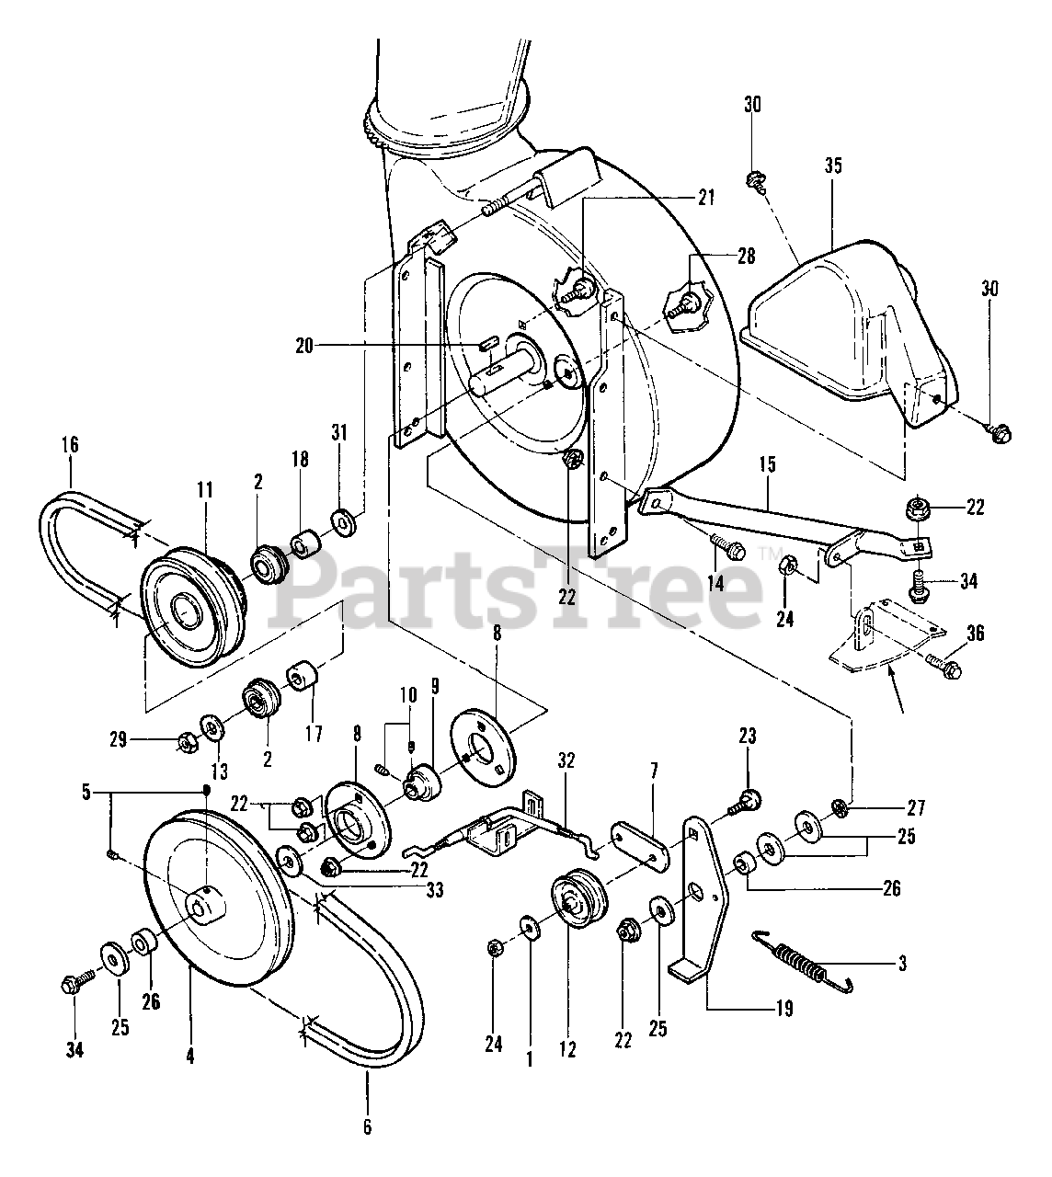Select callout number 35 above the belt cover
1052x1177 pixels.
pos(833,166)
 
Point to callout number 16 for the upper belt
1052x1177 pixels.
pos(71,445)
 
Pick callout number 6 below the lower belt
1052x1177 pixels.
pos(367,1126)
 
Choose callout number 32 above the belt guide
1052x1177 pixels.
pos(566,760)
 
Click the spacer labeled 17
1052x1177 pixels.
pos(302,678)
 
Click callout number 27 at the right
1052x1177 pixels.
pos(915,808)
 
